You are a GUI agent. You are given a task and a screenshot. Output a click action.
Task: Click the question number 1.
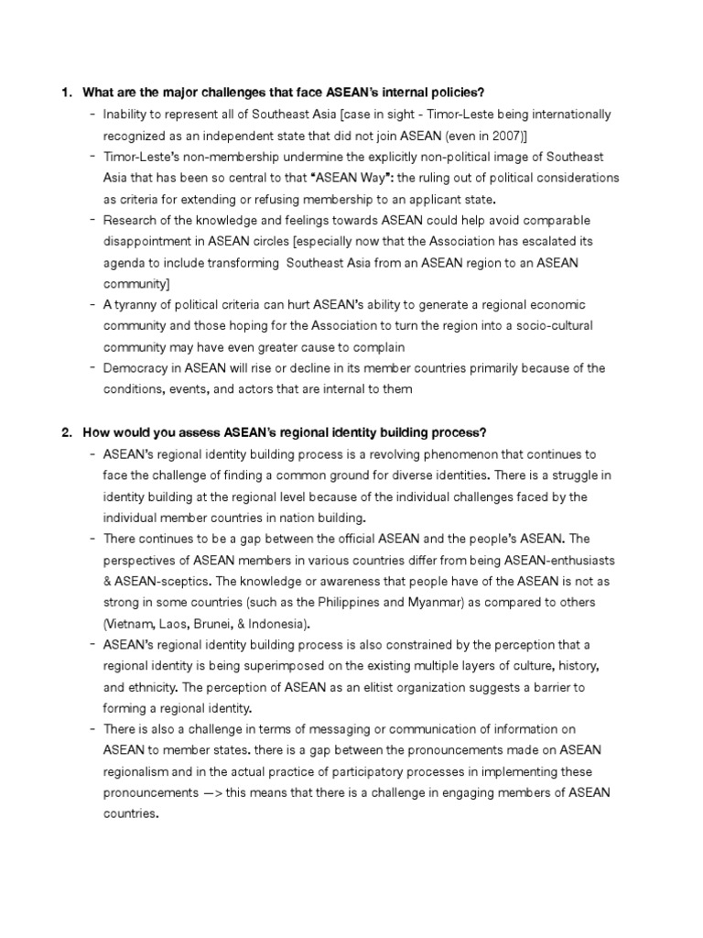point(65,93)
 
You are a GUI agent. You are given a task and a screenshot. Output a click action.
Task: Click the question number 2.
point(65,432)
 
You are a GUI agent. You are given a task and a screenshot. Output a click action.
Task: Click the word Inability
point(128,114)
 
